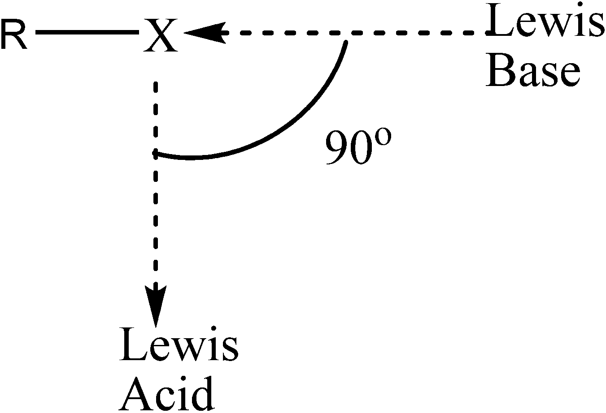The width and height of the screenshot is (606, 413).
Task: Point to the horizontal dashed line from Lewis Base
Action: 350,33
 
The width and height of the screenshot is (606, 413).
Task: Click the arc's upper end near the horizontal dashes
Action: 345,43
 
